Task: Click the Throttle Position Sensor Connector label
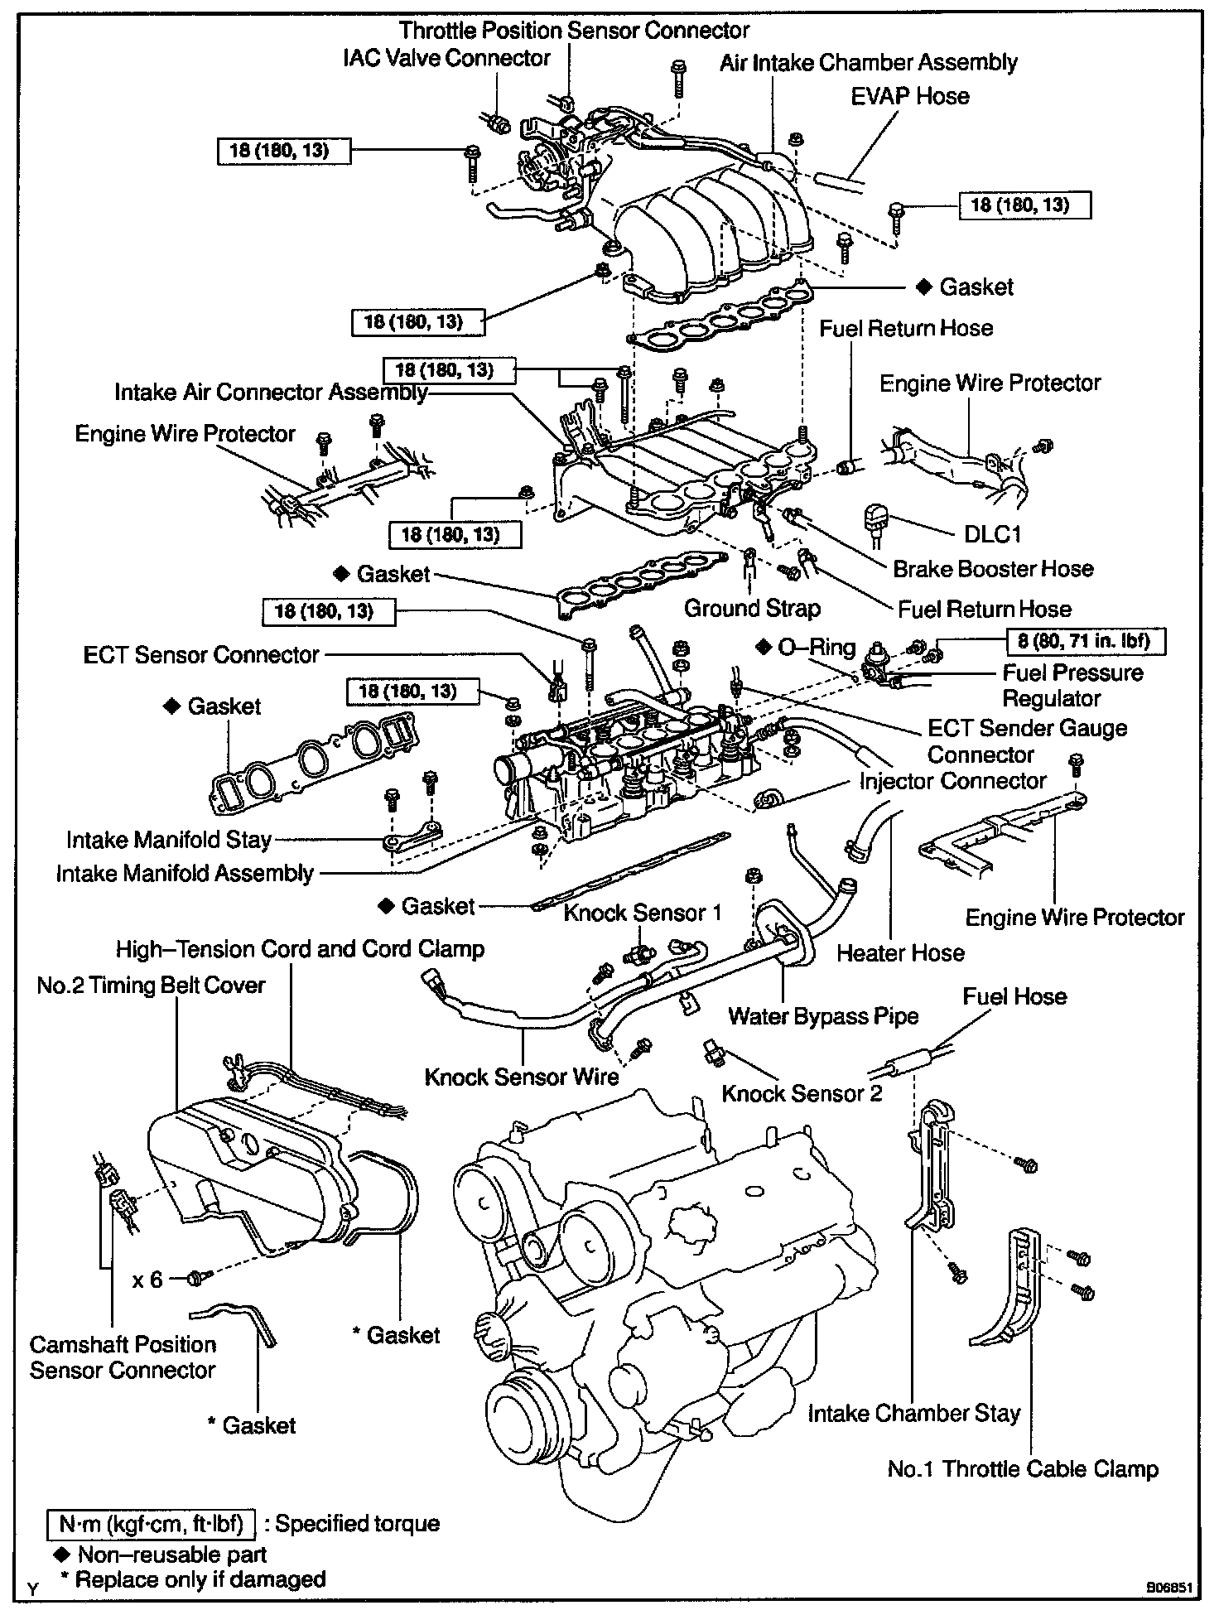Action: (x=574, y=31)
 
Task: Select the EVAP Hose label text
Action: (x=909, y=96)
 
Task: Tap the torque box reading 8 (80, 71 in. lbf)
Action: (x=1085, y=641)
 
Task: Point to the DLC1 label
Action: (x=992, y=533)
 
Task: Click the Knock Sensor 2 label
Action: (x=802, y=1093)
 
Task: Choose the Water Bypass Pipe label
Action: (x=823, y=1016)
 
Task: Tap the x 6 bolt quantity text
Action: (x=147, y=1280)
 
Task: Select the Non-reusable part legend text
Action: (x=171, y=1554)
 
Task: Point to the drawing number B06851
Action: (x=1168, y=1588)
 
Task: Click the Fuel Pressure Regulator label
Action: (x=1072, y=685)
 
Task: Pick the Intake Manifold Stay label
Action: (x=169, y=840)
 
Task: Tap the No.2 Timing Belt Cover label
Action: (x=151, y=986)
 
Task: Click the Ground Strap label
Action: (x=751, y=609)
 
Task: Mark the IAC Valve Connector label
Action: (x=446, y=58)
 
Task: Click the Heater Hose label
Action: (x=900, y=952)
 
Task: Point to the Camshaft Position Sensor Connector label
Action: (x=123, y=1357)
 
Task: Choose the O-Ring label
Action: (x=808, y=647)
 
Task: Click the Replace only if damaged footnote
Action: (x=193, y=1579)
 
